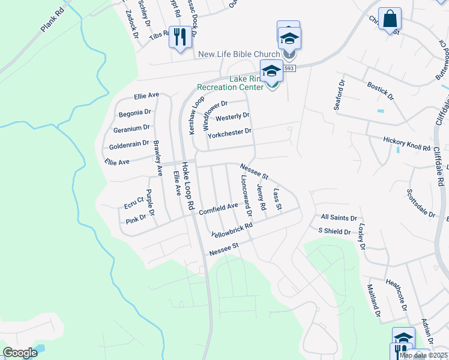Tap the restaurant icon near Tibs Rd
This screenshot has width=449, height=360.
click(179, 37)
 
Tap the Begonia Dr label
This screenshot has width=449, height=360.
click(134, 112)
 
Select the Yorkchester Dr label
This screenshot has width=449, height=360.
click(229, 133)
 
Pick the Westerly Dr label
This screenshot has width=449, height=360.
click(232, 116)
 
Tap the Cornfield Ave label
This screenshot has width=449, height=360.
click(219, 208)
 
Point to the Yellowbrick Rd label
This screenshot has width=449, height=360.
click(232, 230)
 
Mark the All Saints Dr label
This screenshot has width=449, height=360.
click(339, 218)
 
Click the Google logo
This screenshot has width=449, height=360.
click(20, 353)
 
